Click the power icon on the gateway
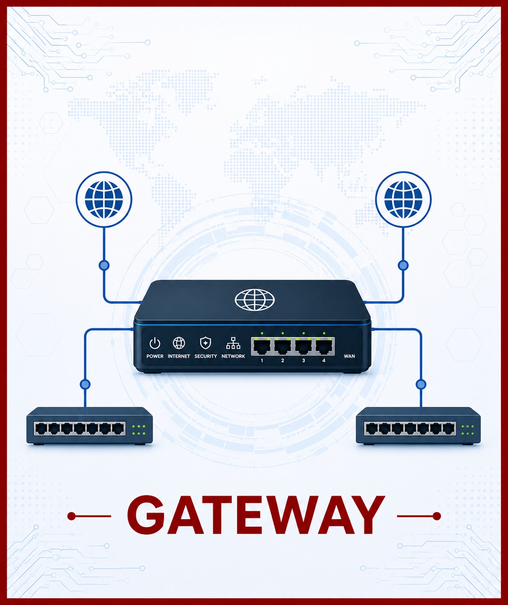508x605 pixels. point(155,343)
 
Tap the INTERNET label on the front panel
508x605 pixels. point(179,356)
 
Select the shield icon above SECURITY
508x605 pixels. point(206,343)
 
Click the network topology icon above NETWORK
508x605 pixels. point(233,343)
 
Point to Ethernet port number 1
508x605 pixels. point(262,346)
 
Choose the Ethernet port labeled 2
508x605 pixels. point(283,346)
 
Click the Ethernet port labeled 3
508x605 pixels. point(304,346)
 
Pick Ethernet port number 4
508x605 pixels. point(324,346)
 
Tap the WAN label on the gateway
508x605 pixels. point(349,356)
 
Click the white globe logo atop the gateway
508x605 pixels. point(255,299)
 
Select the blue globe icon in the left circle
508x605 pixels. point(104,199)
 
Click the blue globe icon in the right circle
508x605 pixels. point(403,199)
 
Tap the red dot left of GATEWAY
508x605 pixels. point(71,516)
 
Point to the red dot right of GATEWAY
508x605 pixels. point(436,516)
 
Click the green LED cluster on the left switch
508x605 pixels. point(139,430)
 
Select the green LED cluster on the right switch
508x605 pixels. point(468,430)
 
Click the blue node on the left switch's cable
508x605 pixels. point(85,384)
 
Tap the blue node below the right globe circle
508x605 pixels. point(403,265)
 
